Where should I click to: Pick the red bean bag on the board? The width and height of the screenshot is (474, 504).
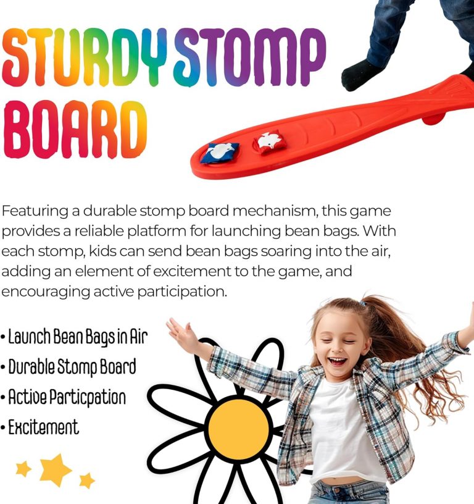point(268,141)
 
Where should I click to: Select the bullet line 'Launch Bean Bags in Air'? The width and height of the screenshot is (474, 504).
point(75,337)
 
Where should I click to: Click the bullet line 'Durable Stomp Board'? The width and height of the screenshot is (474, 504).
point(69,367)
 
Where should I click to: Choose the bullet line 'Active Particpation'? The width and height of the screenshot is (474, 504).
point(64,397)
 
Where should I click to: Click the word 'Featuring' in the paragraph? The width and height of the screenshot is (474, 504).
point(35,211)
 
